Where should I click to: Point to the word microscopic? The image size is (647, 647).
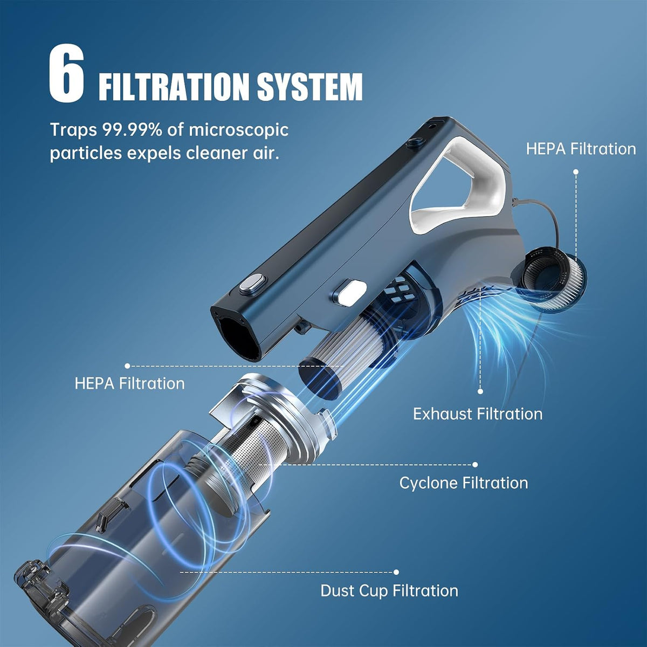(x=239, y=130)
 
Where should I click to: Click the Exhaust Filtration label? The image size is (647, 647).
(x=478, y=414)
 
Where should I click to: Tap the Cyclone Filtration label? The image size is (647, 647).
(x=464, y=483)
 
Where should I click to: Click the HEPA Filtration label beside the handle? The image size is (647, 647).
(x=581, y=149)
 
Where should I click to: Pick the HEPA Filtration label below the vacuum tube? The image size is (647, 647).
(x=129, y=383)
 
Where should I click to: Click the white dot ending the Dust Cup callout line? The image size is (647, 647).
(x=396, y=572)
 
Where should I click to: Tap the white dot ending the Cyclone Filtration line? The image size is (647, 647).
(x=475, y=465)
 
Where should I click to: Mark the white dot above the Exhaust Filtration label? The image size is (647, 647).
(x=480, y=391)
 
